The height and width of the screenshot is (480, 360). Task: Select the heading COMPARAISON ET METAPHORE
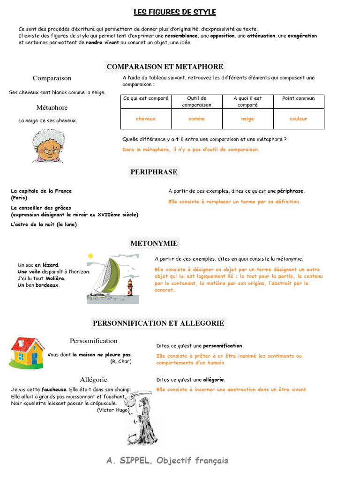(165, 67)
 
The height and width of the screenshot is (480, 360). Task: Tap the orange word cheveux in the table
(146, 119)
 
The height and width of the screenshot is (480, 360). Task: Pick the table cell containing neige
(247, 119)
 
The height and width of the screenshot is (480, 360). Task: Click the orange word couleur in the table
(299, 119)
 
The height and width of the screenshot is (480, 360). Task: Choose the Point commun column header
(299, 98)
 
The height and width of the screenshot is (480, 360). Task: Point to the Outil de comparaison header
(196, 101)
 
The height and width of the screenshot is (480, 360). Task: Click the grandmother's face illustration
(48, 147)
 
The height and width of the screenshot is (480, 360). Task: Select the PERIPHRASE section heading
(154, 172)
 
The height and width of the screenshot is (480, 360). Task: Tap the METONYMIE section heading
(154, 243)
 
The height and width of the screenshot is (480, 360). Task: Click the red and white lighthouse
(130, 288)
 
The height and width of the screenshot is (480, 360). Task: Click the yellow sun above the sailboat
(91, 256)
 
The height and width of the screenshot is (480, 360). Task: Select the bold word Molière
(55, 278)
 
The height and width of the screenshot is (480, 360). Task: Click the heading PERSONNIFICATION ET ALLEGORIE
(158, 323)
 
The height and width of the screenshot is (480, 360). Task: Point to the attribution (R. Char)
(121, 361)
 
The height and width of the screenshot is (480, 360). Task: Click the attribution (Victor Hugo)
(113, 410)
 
